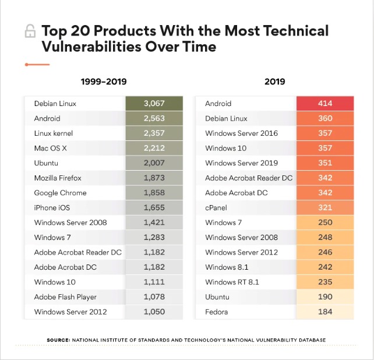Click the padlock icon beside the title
click(x=29, y=31)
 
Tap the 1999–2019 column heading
click(x=103, y=82)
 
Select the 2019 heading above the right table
click(x=274, y=82)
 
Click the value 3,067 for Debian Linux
click(x=154, y=104)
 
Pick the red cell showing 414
click(x=325, y=104)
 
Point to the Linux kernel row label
click(x=54, y=133)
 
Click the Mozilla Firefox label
click(x=58, y=178)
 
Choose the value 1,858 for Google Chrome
click(x=154, y=193)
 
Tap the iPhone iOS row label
click(x=54, y=207)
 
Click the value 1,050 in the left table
click(x=154, y=312)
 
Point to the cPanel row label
click(x=217, y=207)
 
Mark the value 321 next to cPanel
click(x=325, y=207)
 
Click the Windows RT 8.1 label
click(x=232, y=282)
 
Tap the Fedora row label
click(x=217, y=312)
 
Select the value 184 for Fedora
click(x=325, y=312)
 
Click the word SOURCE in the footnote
click(x=58, y=340)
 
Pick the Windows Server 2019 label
click(x=241, y=163)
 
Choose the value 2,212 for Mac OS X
click(x=154, y=148)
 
